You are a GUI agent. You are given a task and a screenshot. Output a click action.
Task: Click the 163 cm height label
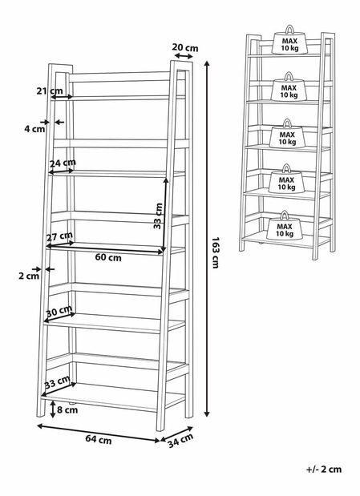tap(216, 252)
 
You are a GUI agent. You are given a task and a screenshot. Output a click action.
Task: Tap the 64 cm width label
tap(99, 439)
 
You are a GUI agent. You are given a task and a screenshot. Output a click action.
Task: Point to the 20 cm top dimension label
tap(185, 47)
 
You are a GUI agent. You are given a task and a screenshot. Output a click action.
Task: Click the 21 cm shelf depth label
tap(50, 91)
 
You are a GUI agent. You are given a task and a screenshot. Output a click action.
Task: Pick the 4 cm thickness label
tap(34, 129)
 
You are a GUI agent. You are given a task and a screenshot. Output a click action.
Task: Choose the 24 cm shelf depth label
tap(63, 163)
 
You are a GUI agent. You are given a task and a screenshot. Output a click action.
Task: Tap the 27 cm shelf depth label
tap(59, 236)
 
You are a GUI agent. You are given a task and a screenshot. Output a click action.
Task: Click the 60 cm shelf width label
tap(108, 257)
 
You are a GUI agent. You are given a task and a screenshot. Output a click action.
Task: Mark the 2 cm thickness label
tap(29, 276)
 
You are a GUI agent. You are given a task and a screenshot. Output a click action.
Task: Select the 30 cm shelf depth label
tap(59, 311)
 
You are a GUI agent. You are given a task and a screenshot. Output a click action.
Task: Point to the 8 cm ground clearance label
tap(67, 410)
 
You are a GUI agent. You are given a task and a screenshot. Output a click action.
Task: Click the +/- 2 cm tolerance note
tap(324, 469)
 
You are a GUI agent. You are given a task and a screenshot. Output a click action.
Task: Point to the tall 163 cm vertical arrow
tap(207, 239)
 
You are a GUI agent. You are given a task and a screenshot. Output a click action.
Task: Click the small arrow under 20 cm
tap(184, 56)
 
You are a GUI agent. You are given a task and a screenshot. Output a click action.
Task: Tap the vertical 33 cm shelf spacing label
tap(158, 216)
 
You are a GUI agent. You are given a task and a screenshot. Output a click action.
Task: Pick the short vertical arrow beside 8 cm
tap(53, 409)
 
